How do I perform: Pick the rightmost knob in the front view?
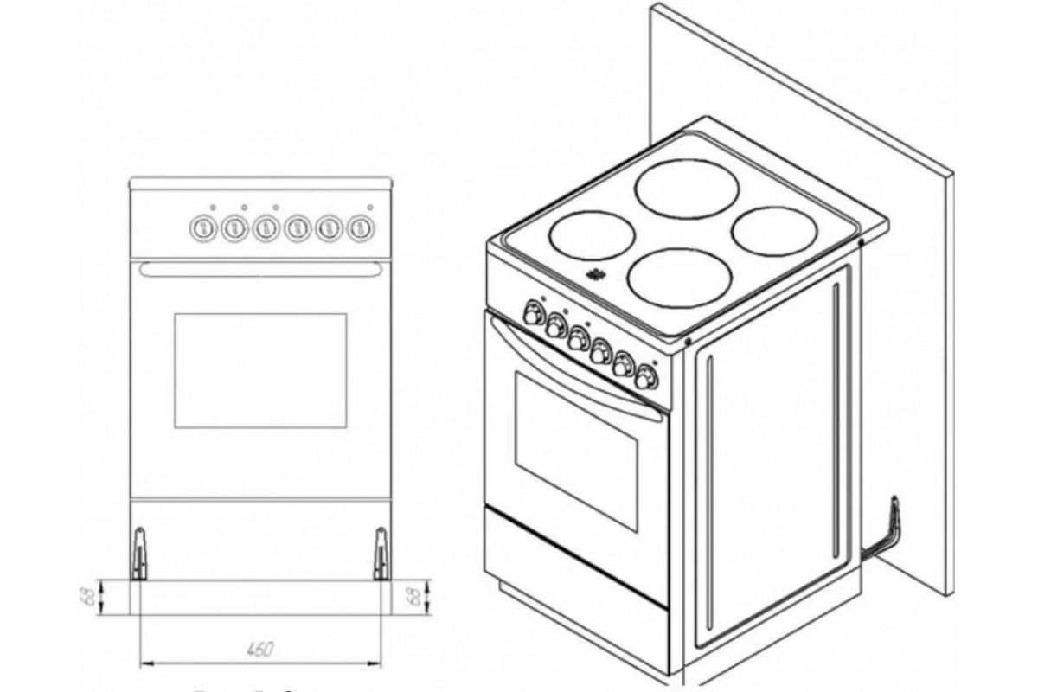point(359,228)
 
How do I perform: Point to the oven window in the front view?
point(260,371)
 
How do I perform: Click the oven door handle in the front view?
point(260,270)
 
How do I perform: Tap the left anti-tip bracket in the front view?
point(138,554)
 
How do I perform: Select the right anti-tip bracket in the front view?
point(380,554)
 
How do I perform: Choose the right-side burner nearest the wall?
point(774,229)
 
